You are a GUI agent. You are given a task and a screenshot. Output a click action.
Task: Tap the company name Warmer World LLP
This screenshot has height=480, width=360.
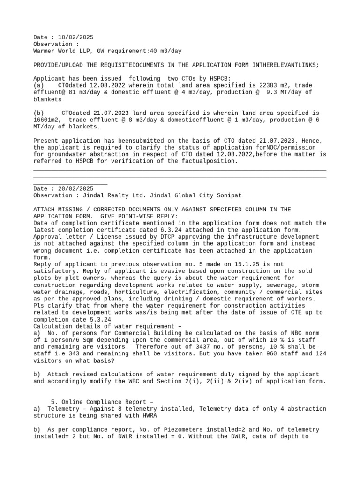click(62, 51)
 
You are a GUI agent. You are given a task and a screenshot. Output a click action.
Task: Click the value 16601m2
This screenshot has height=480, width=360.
click(49, 120)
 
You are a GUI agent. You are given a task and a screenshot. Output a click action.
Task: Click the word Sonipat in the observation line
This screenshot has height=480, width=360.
click(228, 195)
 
